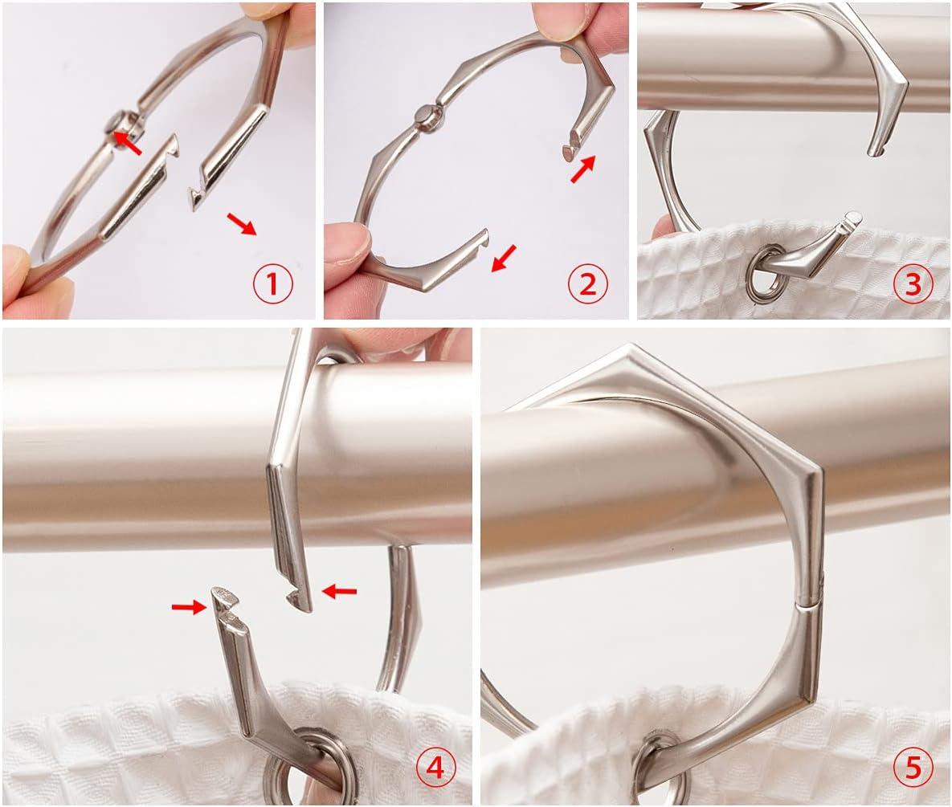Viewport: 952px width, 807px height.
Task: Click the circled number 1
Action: pos(272,284)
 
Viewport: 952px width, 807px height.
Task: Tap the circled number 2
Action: pos(588,284)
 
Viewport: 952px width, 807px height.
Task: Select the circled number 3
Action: pos(913,284)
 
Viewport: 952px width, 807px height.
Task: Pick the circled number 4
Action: pos(435,768)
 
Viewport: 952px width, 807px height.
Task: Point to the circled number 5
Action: pos(913,768)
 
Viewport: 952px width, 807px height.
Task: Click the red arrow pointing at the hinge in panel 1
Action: pos(128,143)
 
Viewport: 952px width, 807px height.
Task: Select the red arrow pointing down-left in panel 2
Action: pos(504,258)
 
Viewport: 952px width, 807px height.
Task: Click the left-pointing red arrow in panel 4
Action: pos(339,590)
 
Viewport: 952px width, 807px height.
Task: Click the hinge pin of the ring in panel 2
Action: pos(423,113)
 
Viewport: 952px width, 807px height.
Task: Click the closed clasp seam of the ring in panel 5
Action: pos(808,605)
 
